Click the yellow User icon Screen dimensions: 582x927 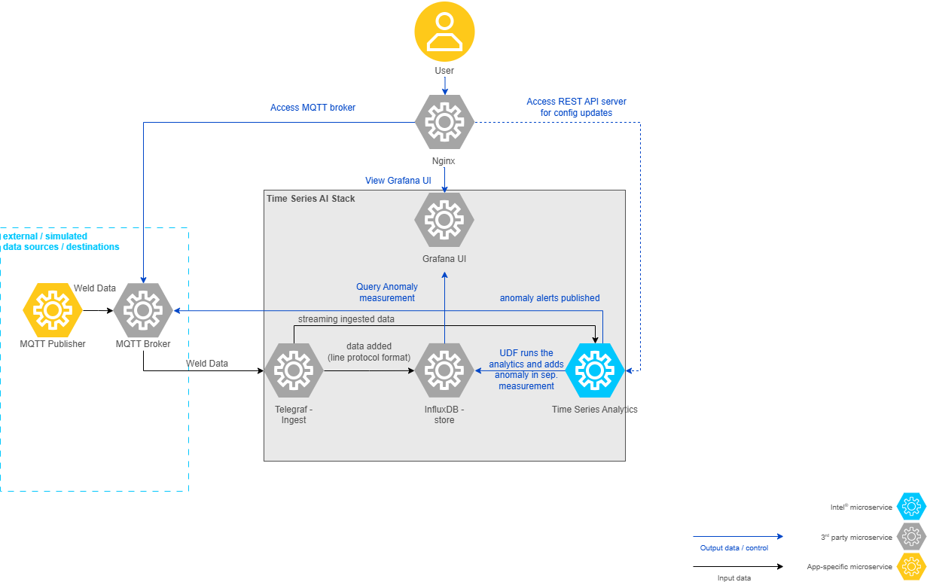point(444,31)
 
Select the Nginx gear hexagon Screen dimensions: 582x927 point(444,122)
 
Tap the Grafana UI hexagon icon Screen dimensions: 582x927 point(444,220)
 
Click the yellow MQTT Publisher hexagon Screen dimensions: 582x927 point(53,310)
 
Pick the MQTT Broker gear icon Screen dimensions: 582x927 point(143,310)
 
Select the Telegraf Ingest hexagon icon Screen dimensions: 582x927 point(294,370)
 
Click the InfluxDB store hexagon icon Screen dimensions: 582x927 point(444,370)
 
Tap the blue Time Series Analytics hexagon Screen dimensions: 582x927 point(595,370)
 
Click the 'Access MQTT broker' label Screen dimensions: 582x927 point(313,108)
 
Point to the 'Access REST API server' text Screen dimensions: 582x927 point(576,102)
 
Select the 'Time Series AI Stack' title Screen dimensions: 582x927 point(311,199)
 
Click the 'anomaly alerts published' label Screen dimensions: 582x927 point(550,298)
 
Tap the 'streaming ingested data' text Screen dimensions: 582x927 point(346,319)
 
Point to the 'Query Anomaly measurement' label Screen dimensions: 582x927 point(387,292)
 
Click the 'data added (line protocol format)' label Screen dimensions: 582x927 point(369,352)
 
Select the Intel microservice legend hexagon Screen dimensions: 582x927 point(912,507)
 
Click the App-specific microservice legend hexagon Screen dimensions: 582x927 point(912,566)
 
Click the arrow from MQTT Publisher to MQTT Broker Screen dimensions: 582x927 point(98,310)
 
